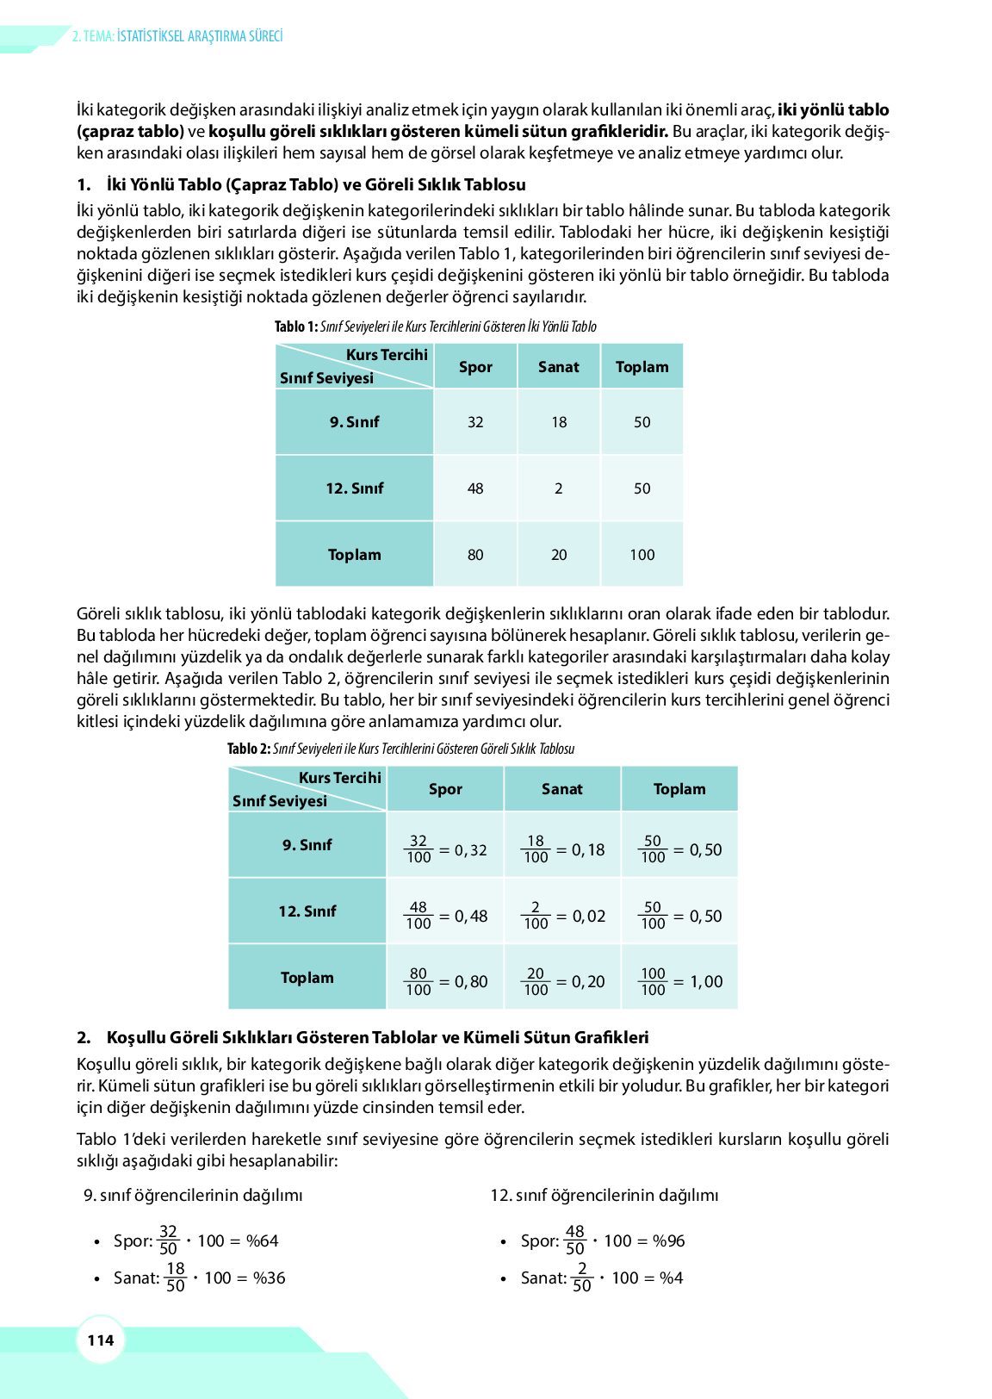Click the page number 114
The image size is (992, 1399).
tap(101, 1340)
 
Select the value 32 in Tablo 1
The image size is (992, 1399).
tap(475, 422)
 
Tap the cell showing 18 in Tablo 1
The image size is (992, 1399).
tap(559, 422)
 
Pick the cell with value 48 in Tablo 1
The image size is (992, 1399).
tap(475, 488)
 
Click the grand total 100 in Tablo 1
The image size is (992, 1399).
tap(642, 555)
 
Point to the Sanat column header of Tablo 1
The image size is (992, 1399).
tap(559, 367)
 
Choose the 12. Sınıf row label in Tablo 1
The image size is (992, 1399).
tap(354, 488)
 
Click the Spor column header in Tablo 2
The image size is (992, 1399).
tap(445, 789)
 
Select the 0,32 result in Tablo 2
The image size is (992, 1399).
tap(471, 850)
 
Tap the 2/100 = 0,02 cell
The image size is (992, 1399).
tap(562, 916)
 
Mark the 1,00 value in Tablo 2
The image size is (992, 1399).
tap(706, 982)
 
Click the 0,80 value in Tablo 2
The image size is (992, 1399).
tap(471, 982)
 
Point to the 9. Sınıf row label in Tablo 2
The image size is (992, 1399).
tap(307, 845)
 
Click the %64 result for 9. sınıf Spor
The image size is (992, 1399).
tap(263, 1241)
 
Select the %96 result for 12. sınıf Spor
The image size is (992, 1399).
tap(669, 1241)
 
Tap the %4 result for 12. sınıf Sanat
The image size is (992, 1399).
tap(672, 1278)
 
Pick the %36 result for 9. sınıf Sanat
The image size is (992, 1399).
tap(270, 1278)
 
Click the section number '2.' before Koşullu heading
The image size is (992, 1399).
tap(84, 1037)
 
